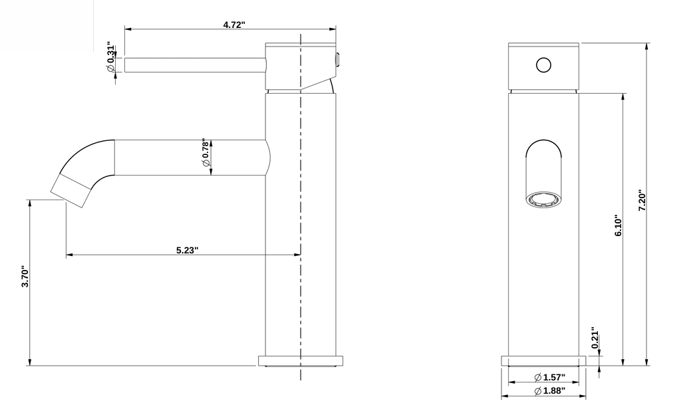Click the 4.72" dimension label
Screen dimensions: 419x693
point(234,25)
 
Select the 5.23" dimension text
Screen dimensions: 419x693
point(187,250)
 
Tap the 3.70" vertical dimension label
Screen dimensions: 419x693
point(25,277)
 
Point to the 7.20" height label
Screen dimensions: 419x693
point(642,200)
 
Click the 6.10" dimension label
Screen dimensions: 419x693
point(618,226)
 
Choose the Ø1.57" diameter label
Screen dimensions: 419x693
point(549,377)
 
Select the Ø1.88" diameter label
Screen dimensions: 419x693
point(549,390)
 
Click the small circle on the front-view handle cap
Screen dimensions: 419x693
point(544,65)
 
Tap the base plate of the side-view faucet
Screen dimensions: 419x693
point(301,360)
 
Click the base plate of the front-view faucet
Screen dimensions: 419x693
point(543,360)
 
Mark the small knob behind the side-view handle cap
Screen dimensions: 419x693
point(338,61)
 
